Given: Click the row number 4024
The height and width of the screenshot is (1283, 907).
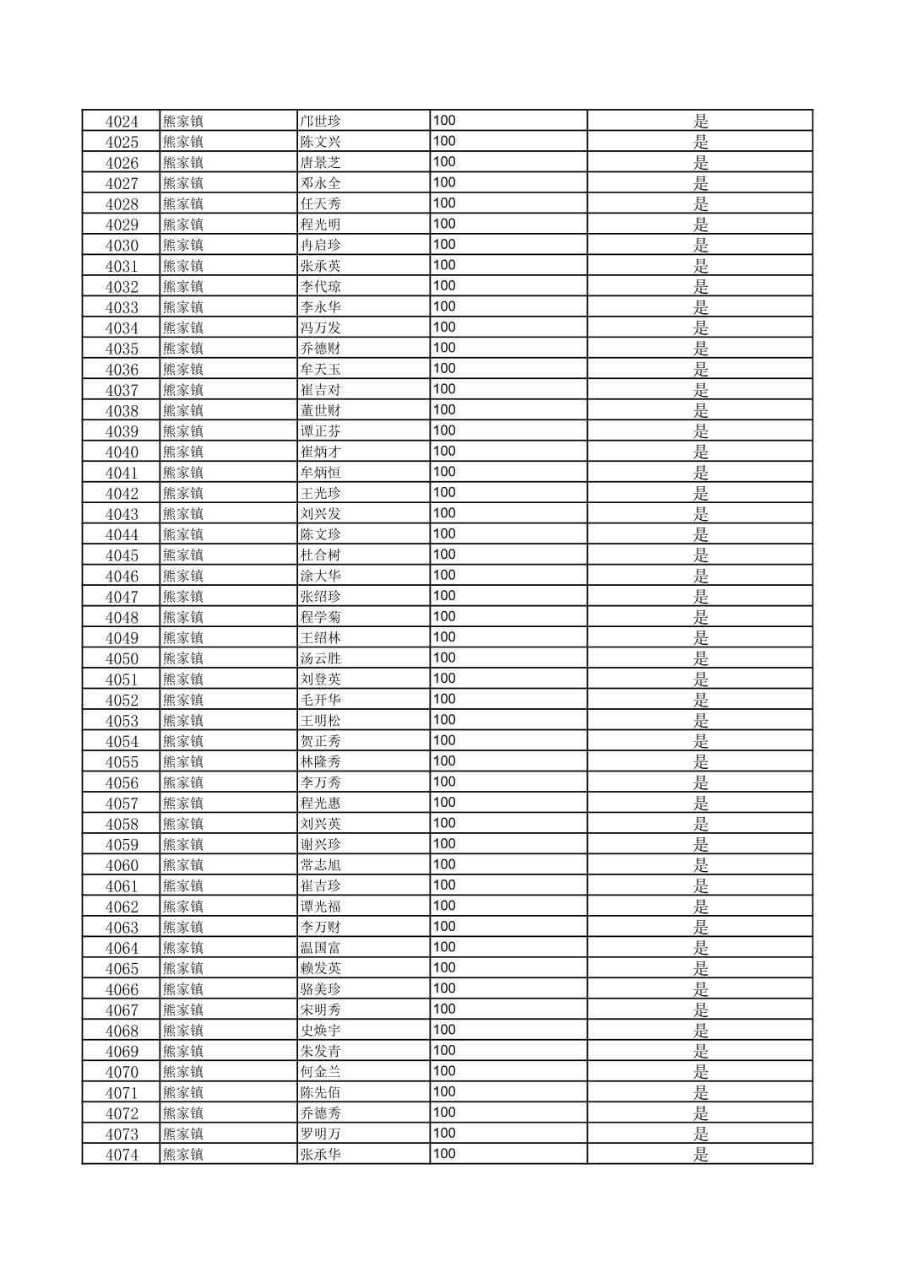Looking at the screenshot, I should pos(122,121).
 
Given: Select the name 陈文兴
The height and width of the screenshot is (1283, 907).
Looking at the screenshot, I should pos(321,142).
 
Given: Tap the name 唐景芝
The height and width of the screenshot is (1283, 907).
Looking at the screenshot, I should pos(321,162).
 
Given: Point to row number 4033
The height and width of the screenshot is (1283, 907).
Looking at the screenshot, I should pos(122,307).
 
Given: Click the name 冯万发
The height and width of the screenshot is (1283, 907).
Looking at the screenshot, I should pos(321,328).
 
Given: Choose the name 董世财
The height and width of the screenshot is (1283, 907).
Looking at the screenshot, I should pos(321,410).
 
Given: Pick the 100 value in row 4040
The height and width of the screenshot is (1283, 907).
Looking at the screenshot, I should pos(444,451).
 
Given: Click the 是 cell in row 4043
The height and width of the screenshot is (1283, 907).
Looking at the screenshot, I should pos(700,513).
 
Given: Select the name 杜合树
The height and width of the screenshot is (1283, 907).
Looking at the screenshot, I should pos(321,555).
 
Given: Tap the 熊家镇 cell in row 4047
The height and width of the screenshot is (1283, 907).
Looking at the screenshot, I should pos(183,596).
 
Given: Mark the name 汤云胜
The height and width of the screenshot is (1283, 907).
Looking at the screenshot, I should pos(321,658).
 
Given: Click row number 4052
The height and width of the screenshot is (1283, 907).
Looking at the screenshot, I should pos(122,700).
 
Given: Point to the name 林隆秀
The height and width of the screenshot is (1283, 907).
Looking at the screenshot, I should pos(321,761).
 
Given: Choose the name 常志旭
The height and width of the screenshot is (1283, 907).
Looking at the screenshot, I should pos(321,865).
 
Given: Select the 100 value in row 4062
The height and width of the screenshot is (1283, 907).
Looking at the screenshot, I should pos(444,906).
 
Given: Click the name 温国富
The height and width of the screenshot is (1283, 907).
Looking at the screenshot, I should pos(321,948).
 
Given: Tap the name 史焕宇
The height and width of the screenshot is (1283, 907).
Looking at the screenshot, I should pos(321,1031).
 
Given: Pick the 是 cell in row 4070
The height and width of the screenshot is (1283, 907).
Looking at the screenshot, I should pos(700,1072).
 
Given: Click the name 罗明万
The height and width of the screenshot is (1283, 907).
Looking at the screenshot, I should pos(321,1134).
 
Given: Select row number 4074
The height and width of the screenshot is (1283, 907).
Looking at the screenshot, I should pos(122,1155).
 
